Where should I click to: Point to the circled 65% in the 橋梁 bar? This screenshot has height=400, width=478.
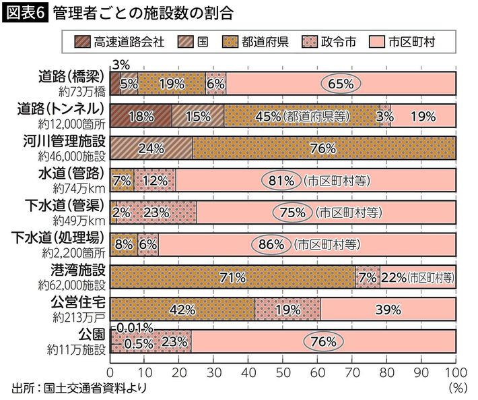coord(341,84)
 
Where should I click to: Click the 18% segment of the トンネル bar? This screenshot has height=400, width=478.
coord(141,116)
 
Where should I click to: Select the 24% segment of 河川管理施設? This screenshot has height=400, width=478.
coord(151,148)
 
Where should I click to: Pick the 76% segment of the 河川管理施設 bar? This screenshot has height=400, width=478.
coord(324,148)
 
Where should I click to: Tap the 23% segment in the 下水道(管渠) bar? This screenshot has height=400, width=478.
coord(157,212)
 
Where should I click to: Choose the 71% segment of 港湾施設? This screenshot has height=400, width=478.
coord(232,277)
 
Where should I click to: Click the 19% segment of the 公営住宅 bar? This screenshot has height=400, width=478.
coord(288,310)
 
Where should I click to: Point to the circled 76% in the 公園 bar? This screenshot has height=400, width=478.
coord(323,342)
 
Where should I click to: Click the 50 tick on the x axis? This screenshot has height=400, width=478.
coord(283,372)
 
